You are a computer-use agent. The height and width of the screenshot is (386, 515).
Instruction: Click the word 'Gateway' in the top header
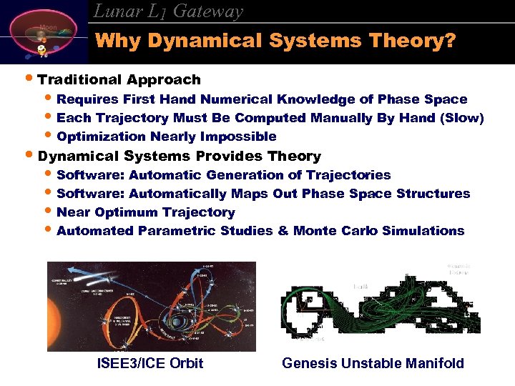208,11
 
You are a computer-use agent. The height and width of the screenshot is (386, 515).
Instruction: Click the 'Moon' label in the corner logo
48,27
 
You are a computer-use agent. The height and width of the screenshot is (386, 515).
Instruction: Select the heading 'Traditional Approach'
119,79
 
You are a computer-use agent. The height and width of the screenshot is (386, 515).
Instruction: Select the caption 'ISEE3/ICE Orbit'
150,363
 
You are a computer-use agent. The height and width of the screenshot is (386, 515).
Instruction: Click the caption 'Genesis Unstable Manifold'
373,363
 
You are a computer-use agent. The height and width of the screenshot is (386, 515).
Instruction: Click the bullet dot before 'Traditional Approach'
29,79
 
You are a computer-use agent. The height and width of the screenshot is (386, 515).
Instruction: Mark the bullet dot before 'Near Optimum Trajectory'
49,212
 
